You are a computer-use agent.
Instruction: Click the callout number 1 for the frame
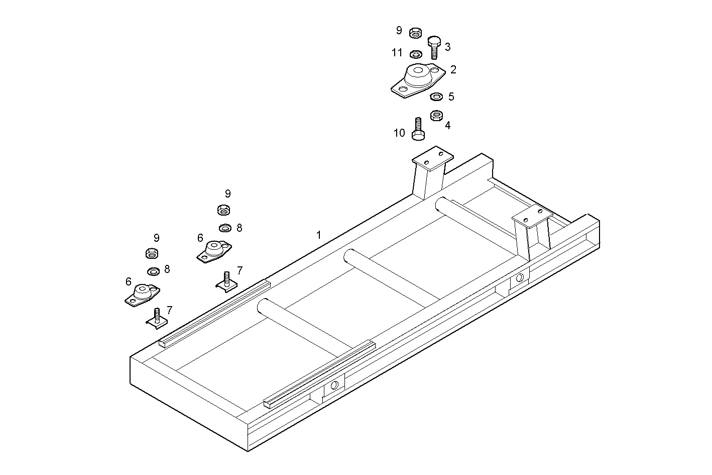[x=318, y=235]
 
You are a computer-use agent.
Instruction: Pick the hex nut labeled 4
[x=436, y=116]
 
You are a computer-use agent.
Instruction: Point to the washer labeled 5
[x=436, y=96]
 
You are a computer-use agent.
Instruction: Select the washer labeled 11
[x=416, y=54]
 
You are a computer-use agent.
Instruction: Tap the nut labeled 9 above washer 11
[x=415, y=33]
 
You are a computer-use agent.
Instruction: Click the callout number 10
[x=399, y=133]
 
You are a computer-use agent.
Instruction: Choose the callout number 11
[x=397, y=53]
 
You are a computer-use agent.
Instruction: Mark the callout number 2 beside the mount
[x=453, y=70]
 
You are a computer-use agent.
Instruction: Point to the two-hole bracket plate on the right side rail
[x=532, y=219]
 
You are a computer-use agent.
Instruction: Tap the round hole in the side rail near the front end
[x=334, y=385]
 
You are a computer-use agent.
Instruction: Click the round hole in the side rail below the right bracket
[x=520, y=278]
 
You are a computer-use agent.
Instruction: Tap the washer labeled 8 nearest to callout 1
[x=225, y=228]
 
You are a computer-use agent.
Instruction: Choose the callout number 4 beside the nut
[x=447, y=125]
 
